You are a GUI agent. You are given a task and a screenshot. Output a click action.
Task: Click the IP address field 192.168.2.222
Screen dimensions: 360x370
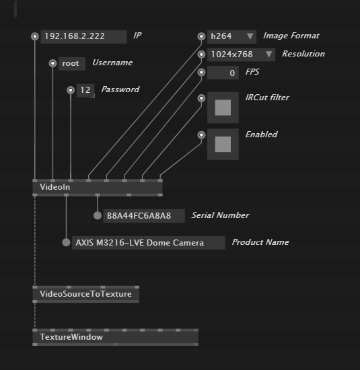point(83,36)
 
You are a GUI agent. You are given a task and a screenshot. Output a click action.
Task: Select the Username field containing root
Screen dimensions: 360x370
point(72,63)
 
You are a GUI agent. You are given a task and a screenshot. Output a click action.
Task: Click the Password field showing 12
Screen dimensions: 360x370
point(85,90)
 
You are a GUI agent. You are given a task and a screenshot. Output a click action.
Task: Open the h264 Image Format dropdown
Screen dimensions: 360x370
point(231,36)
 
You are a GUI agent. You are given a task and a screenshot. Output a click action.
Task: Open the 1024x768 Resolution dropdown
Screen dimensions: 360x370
point(241,54)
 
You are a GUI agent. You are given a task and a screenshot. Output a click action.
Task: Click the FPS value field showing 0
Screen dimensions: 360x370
point(223,73)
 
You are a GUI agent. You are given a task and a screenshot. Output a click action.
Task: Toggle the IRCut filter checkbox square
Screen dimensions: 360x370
point(223,108)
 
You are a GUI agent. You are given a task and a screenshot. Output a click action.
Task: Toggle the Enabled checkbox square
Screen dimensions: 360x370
point(223,144)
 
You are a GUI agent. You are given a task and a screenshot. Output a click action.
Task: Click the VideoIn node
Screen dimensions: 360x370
point(98,188)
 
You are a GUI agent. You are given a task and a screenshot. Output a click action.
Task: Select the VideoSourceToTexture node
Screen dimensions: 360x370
point(85,294)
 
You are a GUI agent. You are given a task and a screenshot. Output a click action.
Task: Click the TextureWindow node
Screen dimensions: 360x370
point(115,337)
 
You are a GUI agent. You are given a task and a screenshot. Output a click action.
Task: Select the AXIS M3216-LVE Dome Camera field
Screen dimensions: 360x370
point(149,243)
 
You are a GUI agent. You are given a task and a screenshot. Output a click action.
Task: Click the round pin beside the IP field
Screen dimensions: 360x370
point(35,36)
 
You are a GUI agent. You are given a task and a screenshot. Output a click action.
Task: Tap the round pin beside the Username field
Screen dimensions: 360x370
point(52,63)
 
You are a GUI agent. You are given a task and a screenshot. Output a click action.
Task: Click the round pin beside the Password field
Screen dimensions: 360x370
point(71,90)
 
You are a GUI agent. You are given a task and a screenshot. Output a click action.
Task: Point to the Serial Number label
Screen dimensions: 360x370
point(220,215)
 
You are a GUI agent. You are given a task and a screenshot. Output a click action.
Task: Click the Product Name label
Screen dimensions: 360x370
point(260,242)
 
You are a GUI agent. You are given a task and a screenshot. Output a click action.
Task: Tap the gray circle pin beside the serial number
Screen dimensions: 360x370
point(98,215)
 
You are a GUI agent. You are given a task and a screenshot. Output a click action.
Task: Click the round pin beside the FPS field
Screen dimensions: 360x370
point(201,72)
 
